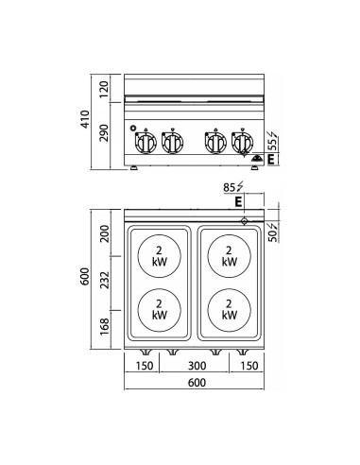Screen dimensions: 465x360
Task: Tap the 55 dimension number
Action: click(x=272, y=142)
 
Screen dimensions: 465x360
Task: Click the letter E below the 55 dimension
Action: click(x=272, y=160)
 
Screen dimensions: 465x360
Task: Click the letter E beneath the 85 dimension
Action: click(x=239, y=201)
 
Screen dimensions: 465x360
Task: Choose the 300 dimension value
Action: click(x=197, y=367)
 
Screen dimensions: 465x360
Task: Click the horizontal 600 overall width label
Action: click(x=195, y=384)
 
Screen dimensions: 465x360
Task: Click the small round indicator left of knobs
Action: click(x=134, y=129)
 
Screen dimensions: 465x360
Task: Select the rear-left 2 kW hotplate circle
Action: click(x=158, y=255)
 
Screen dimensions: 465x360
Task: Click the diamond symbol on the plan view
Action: click(x=248, y=221)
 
